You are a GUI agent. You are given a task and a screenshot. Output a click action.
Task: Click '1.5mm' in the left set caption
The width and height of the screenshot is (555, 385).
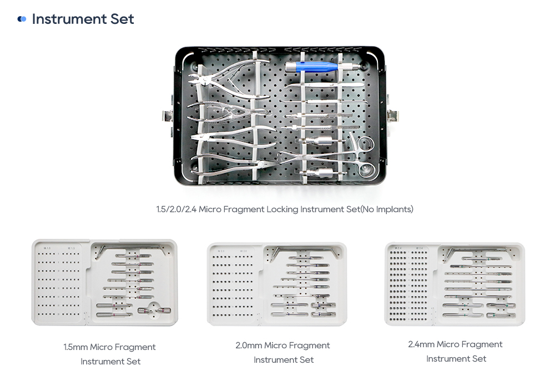[x=75, y=347]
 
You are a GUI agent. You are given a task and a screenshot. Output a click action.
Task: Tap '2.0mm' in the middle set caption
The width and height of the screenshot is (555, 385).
[x=249, y=346]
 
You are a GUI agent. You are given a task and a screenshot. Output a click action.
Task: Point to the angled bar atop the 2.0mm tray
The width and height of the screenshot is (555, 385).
[x=302, y=251]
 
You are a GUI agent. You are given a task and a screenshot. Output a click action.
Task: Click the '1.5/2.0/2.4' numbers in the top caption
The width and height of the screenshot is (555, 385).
[x=176, y=209]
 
